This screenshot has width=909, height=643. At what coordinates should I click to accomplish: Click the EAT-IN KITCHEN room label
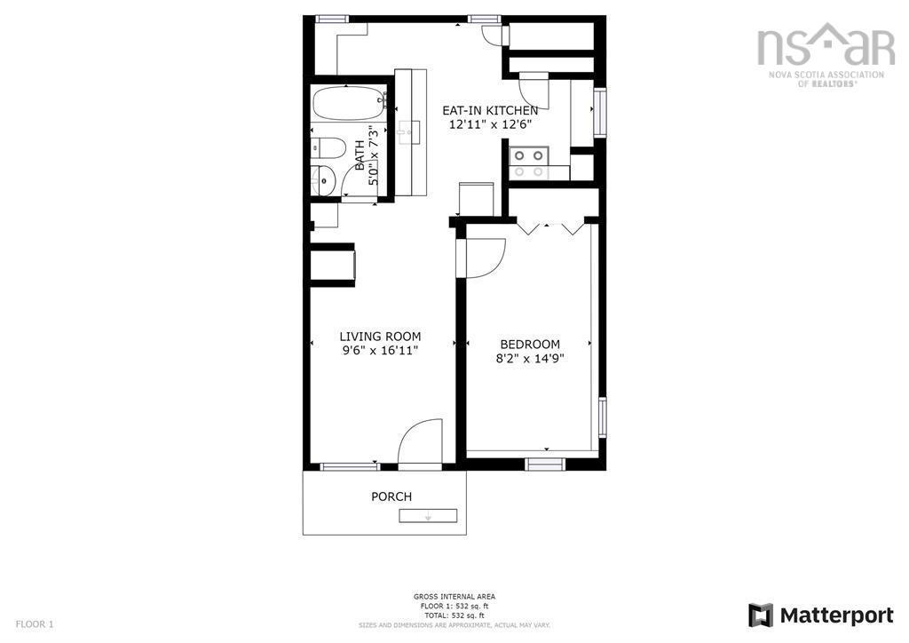490,110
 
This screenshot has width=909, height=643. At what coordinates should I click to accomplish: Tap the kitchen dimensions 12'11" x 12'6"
490,125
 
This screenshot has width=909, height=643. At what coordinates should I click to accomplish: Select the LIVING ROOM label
380,337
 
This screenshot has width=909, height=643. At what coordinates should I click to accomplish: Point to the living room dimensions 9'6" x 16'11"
380,351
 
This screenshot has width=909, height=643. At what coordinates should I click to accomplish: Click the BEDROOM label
530,345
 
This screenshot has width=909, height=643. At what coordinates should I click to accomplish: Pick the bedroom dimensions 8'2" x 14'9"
530,359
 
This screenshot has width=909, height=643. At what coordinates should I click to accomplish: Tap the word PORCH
391,496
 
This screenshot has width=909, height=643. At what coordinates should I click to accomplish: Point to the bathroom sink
324,179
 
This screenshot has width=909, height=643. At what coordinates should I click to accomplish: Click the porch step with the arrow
428,516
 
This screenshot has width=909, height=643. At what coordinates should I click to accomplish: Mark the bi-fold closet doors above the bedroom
551,226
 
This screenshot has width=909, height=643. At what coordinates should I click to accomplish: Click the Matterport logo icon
760,615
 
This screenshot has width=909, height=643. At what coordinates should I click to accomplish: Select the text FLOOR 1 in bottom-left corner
35,623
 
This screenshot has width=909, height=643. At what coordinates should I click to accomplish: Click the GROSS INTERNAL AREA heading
454,596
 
